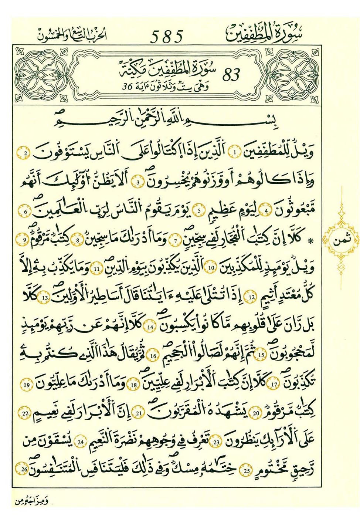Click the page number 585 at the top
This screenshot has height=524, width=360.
click(x=167, y=37)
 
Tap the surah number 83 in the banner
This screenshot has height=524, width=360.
click(x=231, y=75)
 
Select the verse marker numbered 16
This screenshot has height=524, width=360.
click(x=153, y=356)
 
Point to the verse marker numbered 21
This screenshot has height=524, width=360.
click(x=139, y=413)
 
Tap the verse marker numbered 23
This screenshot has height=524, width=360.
click(x=217, y=442)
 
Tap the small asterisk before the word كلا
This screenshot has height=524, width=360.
click(x=311, y=241)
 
